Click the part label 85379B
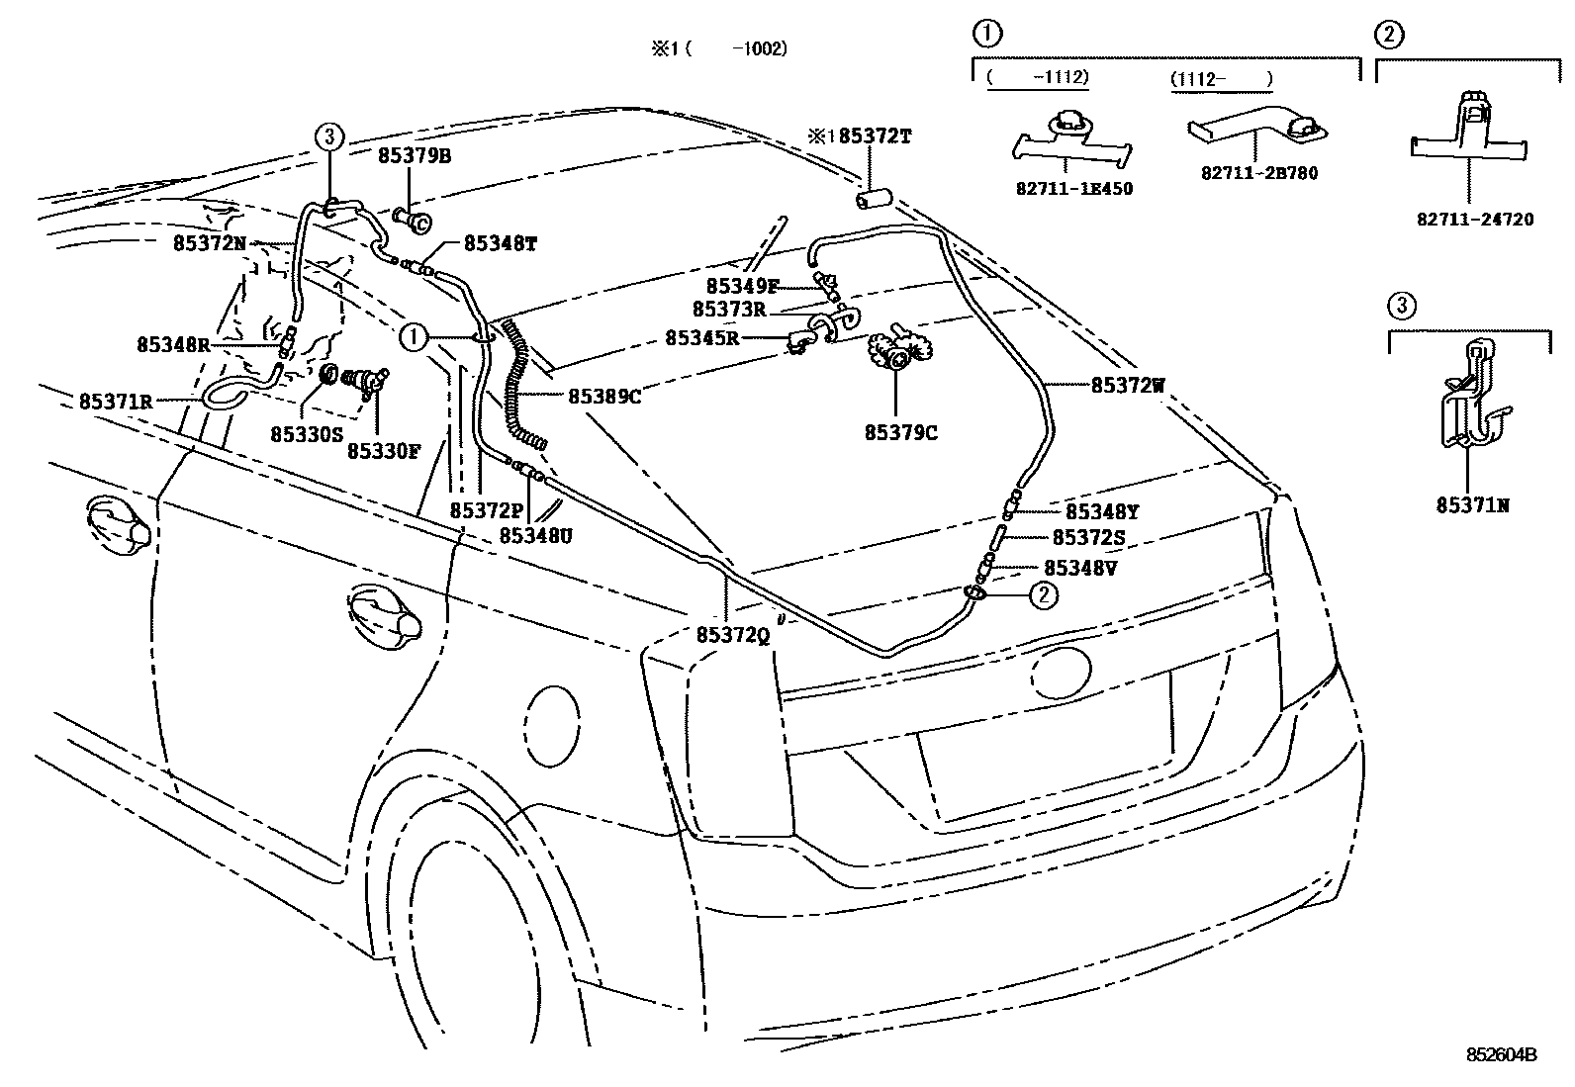[x=414, y=156]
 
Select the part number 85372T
[x=875, y=136]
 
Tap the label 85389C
[x=604, y=396]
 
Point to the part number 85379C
[x=900, y=432]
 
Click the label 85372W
[x=1128, y=386]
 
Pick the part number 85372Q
[x=732, y=635]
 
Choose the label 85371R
[x=116, y=402]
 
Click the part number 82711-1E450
[x=1072, y=189]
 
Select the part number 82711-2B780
[x=1259, y=173]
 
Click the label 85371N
[x=1473, y=505]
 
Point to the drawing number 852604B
[x=1501, y=1054]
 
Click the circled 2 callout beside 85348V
[x=1044, y=594]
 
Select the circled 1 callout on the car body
[x=413, y=337]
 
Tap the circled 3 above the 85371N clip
[x=1402, y=307]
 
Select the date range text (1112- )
[x=1221, y=78]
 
